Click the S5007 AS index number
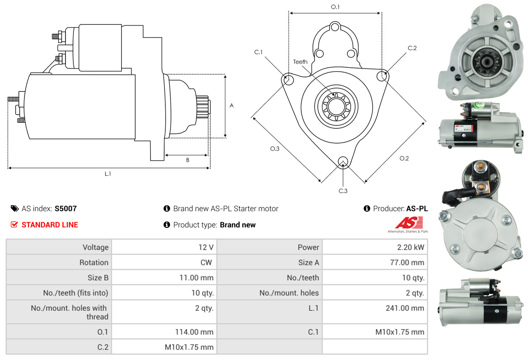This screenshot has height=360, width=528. pyautogui.click(x=65, y=208)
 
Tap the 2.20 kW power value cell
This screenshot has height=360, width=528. pyautogui.click(x=410, y=247)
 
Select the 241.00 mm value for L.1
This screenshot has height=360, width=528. pyautogui.click(x=406, y=308)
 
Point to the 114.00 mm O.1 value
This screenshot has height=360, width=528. pyautogui.click(x=195, y=332)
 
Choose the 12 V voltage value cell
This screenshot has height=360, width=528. pyautogui.click(x=205, y=247)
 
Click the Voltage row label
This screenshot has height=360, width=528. pyautogui.click(x=95, y=247)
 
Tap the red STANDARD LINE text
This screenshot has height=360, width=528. pyautogui.click(x=50, y=225)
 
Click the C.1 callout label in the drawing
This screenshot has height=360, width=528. pyautogui.click(x=258, y=52)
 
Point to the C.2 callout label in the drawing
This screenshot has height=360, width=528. pyautogui.click(x=412, y=48)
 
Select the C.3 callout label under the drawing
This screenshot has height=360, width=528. pyautogui.click(x=343, y=191)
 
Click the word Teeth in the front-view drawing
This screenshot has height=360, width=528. pyautogui.click(x=300, y=62)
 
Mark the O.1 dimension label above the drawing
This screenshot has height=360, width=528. pyautogui.click(x=335, y=7)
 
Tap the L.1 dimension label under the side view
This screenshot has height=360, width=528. pyautogui.click(x=108, y=174)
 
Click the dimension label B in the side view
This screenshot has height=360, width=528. pyautogui.click(x=187, y=160)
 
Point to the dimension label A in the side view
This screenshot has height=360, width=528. pyautogui.click(x=232, y=105)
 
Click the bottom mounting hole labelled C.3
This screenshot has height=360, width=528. pyautogui.click(x=343, y=162)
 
